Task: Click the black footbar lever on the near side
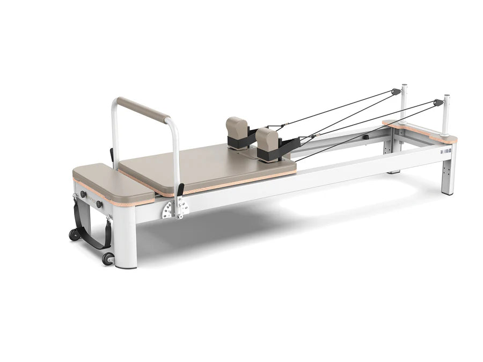click(x=180, y=191)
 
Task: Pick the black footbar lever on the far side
click(x=112, y=155)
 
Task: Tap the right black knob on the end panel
click(x=100, y=204)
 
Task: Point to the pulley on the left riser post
click(x=397, y=92)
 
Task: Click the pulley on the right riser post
click(x=438, y=102)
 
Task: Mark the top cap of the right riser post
click(x=446, y=97)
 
